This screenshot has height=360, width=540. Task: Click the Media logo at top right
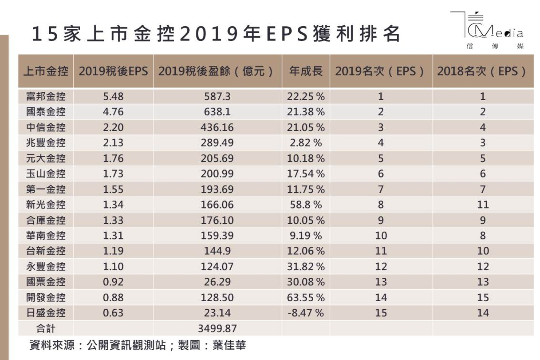click(491, 30)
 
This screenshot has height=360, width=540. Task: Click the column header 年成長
click(306, 71)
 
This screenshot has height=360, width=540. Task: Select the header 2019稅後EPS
click(113, 71)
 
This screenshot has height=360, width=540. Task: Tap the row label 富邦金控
click(46, 96)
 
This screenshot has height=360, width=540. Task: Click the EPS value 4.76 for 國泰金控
click(113, 112)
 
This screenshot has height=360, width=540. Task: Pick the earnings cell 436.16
click(217, 127)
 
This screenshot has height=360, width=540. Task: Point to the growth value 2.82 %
click(306, 143)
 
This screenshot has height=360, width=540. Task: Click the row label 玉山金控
click(46, 174)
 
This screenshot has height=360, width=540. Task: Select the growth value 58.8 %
click(306, 205)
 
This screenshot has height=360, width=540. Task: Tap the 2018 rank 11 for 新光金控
click(483, 205)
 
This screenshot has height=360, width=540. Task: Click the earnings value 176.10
click(217, 220)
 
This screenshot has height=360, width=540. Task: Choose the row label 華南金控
click(46, 236)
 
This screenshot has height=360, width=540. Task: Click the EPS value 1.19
click(113, 251)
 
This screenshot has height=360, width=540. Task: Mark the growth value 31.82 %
click(306, 266)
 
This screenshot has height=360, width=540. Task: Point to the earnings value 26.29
click(217, 282)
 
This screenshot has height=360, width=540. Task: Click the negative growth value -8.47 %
click(306, 313)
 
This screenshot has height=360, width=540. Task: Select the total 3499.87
click(217, 328)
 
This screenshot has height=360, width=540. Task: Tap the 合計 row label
click(46, 328)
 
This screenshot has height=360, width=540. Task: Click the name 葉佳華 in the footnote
click(229, 345)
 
